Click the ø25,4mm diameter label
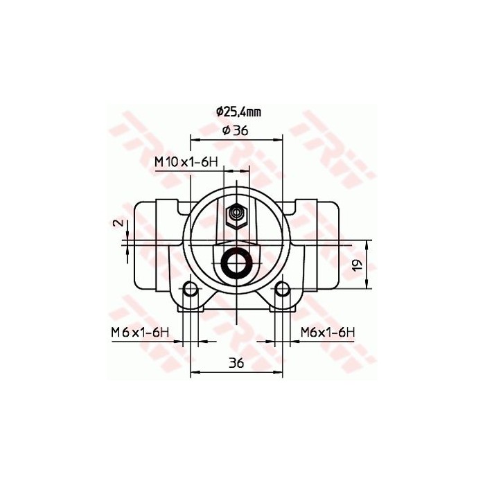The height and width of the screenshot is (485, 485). point(238,111)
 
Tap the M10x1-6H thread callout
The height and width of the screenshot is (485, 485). point(186,162)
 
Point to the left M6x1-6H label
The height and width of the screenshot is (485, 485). point(140,333)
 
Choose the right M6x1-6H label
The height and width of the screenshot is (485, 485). point(328,333)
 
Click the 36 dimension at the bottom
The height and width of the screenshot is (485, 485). point(237,362)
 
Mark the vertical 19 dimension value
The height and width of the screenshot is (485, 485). point(358,264)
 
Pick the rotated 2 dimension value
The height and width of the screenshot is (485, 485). point(118,223)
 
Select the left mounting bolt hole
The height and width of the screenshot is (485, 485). point(191,289)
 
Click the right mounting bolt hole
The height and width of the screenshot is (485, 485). point(282,289)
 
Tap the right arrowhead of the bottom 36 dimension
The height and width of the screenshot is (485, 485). point(279,373)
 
